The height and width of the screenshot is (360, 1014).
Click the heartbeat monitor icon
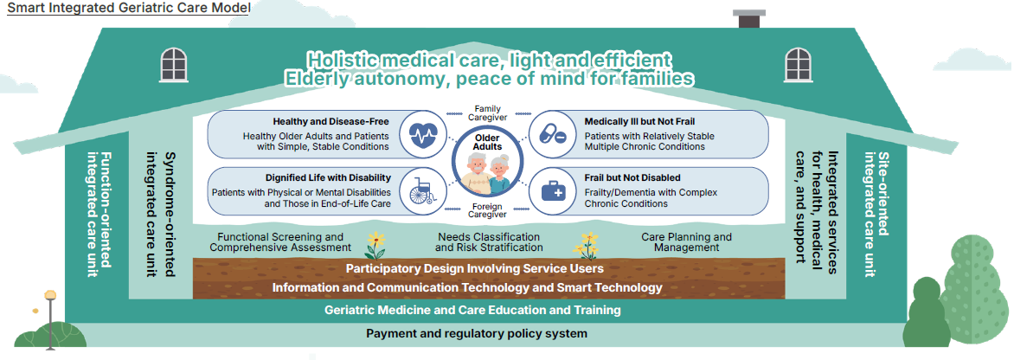(422, 135)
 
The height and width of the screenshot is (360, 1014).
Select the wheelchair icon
(422, 190)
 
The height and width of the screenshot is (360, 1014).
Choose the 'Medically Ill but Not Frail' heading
(639, 122)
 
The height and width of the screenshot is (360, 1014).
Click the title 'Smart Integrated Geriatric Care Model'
(128, 9)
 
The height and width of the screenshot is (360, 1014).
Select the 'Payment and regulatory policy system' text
(477, 333)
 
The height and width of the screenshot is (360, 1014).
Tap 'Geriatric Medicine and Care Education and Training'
(472, 310)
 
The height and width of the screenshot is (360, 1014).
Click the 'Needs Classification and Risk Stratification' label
(489, 242)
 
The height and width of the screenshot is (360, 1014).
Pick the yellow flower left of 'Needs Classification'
(375, 245)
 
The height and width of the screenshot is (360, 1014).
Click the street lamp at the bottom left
(50, 317)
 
